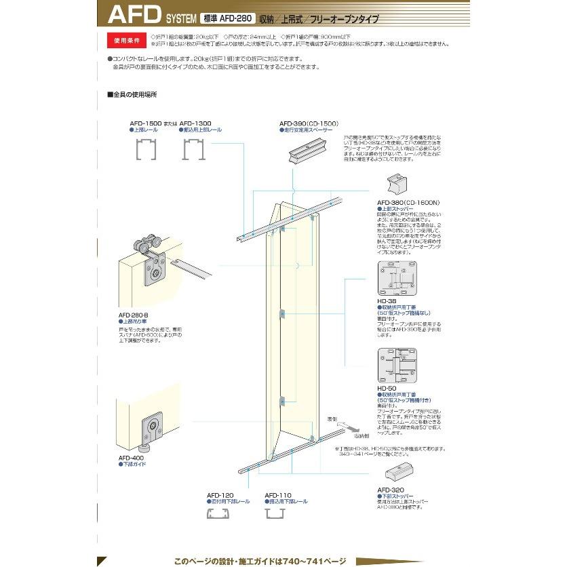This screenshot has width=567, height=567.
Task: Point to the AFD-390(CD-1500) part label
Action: tap(309, 123)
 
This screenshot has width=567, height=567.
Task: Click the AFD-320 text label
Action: tap(390, 489)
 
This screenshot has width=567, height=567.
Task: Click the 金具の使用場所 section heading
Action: tap(132, 94)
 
